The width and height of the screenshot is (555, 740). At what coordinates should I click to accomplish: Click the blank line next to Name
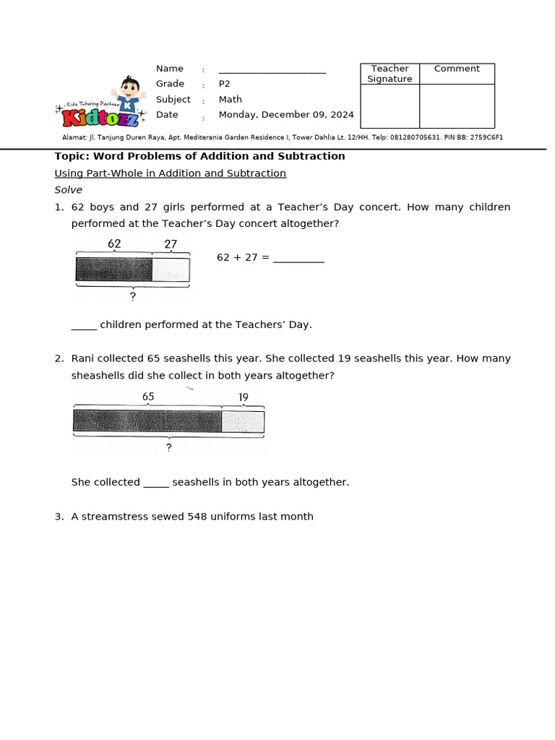click(x=272, y=70)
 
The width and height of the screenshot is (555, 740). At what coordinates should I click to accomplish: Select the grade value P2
click(x=224, y=84)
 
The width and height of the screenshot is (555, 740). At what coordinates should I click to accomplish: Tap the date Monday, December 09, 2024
click(x=286, y=115)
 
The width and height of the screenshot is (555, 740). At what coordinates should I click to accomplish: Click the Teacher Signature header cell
click(x=390, y=74)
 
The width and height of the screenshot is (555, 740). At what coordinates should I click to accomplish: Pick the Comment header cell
click(x=457, y=69)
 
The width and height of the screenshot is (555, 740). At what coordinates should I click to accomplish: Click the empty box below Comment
click(x=457, y=106)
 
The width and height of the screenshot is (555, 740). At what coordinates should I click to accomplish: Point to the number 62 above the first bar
click(x=114, y=244)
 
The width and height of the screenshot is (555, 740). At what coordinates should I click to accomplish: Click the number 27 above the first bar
click(x=171, y=244)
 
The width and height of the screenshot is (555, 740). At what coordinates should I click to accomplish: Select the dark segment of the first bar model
click(x=113, y=270)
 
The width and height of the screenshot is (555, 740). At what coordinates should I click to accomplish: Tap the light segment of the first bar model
click(x=171, y=270)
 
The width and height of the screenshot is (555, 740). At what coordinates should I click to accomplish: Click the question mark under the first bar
click(x=132, y=296)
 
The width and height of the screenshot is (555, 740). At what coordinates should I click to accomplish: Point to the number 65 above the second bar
click(x=148, y=397)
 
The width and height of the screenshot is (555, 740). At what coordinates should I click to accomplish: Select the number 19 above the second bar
click(x=243, y=397)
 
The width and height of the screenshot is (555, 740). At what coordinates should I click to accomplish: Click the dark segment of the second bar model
click(x=147, y=421)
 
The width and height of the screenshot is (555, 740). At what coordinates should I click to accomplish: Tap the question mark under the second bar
click(x=168, y=447)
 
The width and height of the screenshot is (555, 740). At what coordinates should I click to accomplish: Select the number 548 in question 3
click(x=197, y=517)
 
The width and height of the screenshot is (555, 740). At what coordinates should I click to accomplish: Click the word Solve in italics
click(x=69, y=190)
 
